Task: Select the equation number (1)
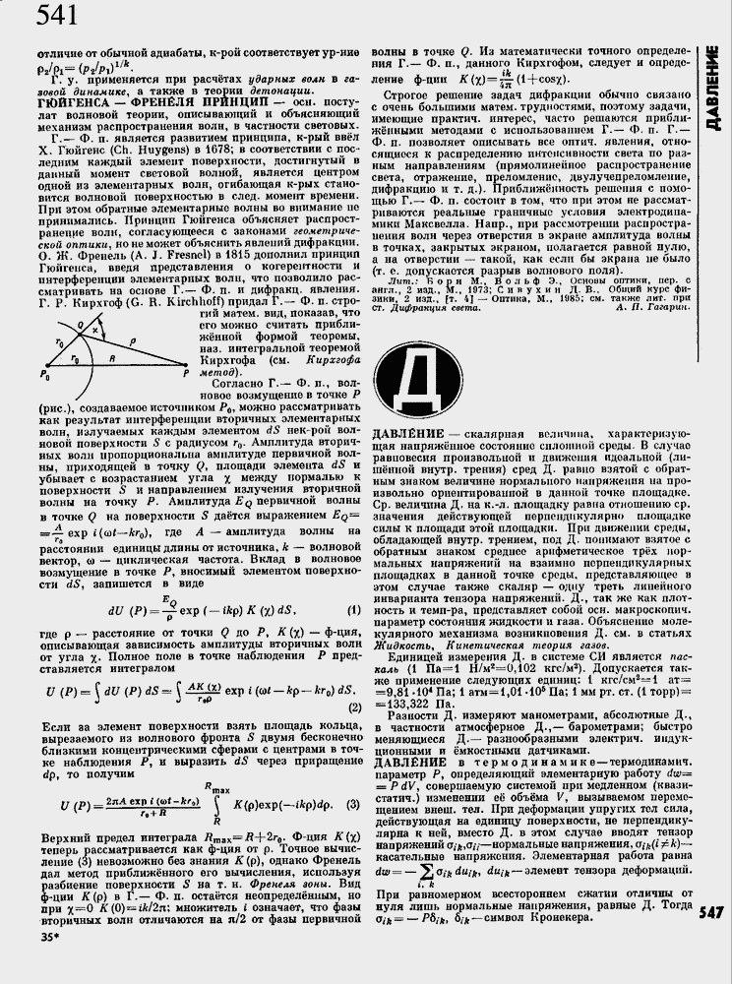pos(352,609)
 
